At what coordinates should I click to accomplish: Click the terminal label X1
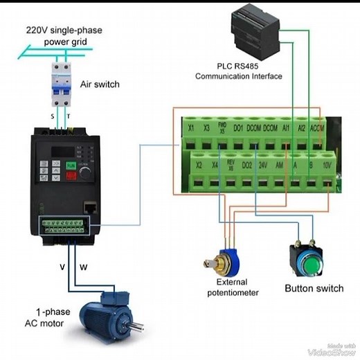190,129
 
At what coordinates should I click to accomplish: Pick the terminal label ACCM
317,129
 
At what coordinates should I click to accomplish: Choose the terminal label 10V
326,167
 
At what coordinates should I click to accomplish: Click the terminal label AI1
285,129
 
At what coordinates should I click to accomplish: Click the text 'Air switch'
100,84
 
